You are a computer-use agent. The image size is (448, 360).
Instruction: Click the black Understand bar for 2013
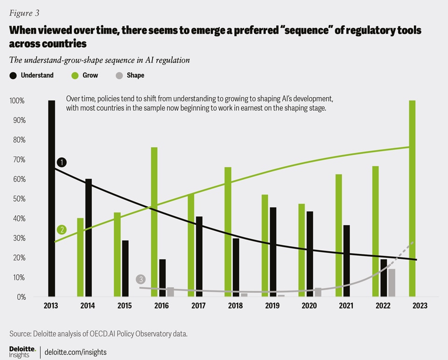(51, 198)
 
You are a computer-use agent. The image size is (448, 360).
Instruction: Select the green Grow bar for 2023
(412, 198)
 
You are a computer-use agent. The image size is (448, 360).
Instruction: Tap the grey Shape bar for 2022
(392, 282)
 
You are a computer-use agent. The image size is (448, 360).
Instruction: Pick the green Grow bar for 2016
(154, 222)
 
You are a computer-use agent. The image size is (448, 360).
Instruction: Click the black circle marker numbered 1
(62, 162)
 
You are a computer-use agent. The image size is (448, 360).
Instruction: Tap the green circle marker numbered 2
(61, 230)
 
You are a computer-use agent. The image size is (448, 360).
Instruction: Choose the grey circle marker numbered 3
(141, 279)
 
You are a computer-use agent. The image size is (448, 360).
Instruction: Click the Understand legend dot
(13, 75)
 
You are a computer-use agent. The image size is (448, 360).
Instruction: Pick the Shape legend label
(135, 75)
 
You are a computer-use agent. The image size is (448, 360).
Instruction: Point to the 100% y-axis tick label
(17, 101)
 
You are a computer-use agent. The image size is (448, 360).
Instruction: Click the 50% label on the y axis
(18, 199)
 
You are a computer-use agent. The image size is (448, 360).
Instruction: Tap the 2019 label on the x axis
(272, 305)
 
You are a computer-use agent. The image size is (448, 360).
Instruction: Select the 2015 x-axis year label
(125, 305)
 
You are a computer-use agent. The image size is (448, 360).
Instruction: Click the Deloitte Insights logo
(22, 352)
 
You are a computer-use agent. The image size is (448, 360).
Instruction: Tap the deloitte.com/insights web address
(76, 352)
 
